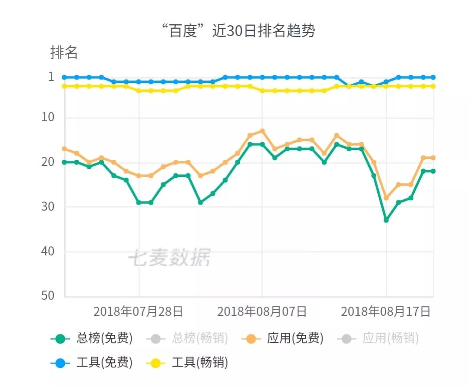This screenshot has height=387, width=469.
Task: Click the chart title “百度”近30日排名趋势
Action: (x=238, y=30)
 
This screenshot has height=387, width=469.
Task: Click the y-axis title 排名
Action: (x=64, y=53)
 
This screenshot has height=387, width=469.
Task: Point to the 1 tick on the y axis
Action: (x=51, y=76)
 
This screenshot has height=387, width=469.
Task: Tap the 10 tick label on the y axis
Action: (x=48, y=117)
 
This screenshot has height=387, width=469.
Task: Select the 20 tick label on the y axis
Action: (x=48, y=162)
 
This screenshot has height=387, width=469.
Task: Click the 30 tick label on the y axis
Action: (x=48, y=206)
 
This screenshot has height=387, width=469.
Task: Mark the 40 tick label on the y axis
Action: (x=48, y=251)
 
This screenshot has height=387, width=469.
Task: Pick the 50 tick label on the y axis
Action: (x=48, y=295)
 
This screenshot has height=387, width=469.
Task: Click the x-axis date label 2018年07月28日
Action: (x=138, y=311)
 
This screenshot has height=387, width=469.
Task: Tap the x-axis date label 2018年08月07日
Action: (x=262, y=311)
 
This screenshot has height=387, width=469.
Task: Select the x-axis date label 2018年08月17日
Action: (x=386, y=311)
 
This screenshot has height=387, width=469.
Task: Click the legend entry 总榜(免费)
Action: (x=92, y=338)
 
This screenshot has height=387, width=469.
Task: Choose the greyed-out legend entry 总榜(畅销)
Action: (x=187, y=338)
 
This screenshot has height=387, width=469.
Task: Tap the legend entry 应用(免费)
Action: (x=283, y=338)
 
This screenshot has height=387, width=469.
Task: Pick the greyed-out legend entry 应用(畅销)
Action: (x=378, y=338)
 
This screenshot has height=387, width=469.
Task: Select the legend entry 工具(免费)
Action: (x=92, y=363)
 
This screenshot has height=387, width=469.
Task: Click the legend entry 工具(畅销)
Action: (x=187, y=363)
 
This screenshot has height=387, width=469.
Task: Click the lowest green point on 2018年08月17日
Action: (x=386, y=220)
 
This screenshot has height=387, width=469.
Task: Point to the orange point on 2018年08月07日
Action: (x=262, y=131)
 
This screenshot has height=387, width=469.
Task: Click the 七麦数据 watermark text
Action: (x=170, y=257)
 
